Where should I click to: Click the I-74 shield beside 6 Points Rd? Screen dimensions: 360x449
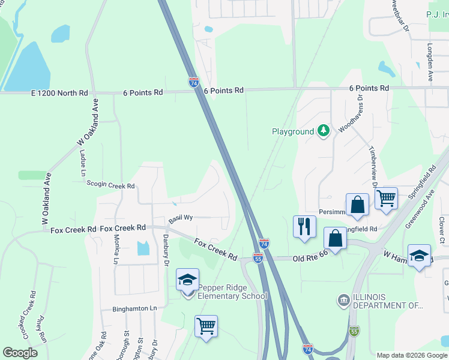click(x=193, y=83)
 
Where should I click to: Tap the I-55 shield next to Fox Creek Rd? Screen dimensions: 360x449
click(x=258, y=258)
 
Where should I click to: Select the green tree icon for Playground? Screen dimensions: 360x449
click(x=324, y=131)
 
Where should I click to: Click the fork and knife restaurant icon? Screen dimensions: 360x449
click(x=304, y=227)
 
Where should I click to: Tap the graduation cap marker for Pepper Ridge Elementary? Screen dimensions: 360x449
click(x=187, y=280)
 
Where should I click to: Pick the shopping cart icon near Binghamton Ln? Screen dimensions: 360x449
click(x=206, y=326)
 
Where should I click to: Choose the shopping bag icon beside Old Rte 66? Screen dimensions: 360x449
click(x=335, y=239)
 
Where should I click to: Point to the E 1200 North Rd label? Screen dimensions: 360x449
click(x=59, y=93)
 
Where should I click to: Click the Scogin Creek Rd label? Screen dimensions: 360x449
click(x=110, y=186)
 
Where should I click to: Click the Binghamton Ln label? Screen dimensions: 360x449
click(x=134, y=308)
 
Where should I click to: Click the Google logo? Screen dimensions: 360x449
click(x=20, y=353)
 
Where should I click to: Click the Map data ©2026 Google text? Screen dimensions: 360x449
click(x=411, y=355)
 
